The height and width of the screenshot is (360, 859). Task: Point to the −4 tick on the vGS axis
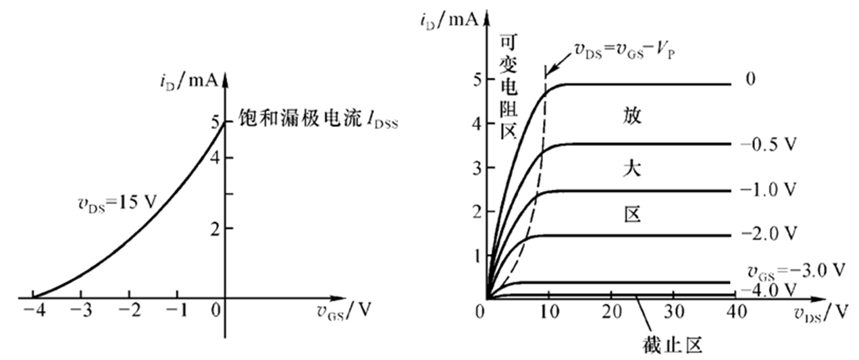(x=32, y=311)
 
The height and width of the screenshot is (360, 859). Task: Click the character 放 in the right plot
(x=633, y=116)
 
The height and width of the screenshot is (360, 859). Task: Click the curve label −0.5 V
(x=769, y=145)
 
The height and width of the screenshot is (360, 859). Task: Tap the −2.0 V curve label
(x=769, y=234)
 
